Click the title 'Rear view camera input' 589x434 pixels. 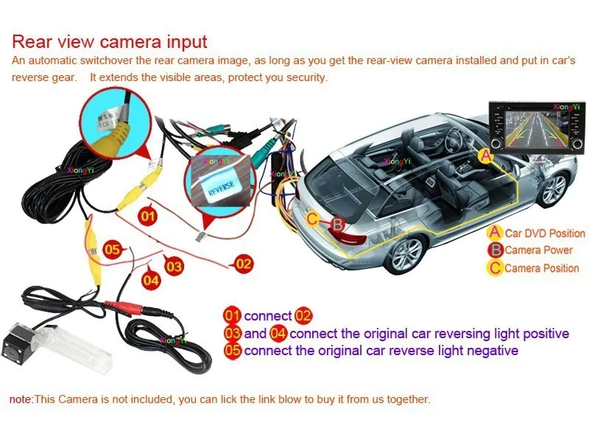click(110, 41)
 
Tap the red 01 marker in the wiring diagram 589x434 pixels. click(148, 216)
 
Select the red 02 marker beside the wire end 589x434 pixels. click(243, 262)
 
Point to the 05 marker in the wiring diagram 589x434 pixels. click(111, 249)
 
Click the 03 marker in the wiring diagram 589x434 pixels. click(174, 265)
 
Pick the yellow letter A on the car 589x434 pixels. click(484, 155)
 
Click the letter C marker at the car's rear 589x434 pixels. click(313, 218)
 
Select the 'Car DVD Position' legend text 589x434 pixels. click(545, 234)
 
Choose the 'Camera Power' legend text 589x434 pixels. click(538, 251)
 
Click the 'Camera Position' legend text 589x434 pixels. click(542, 268)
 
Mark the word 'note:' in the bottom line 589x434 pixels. click(21, 399)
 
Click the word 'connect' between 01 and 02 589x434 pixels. click(267, 316)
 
